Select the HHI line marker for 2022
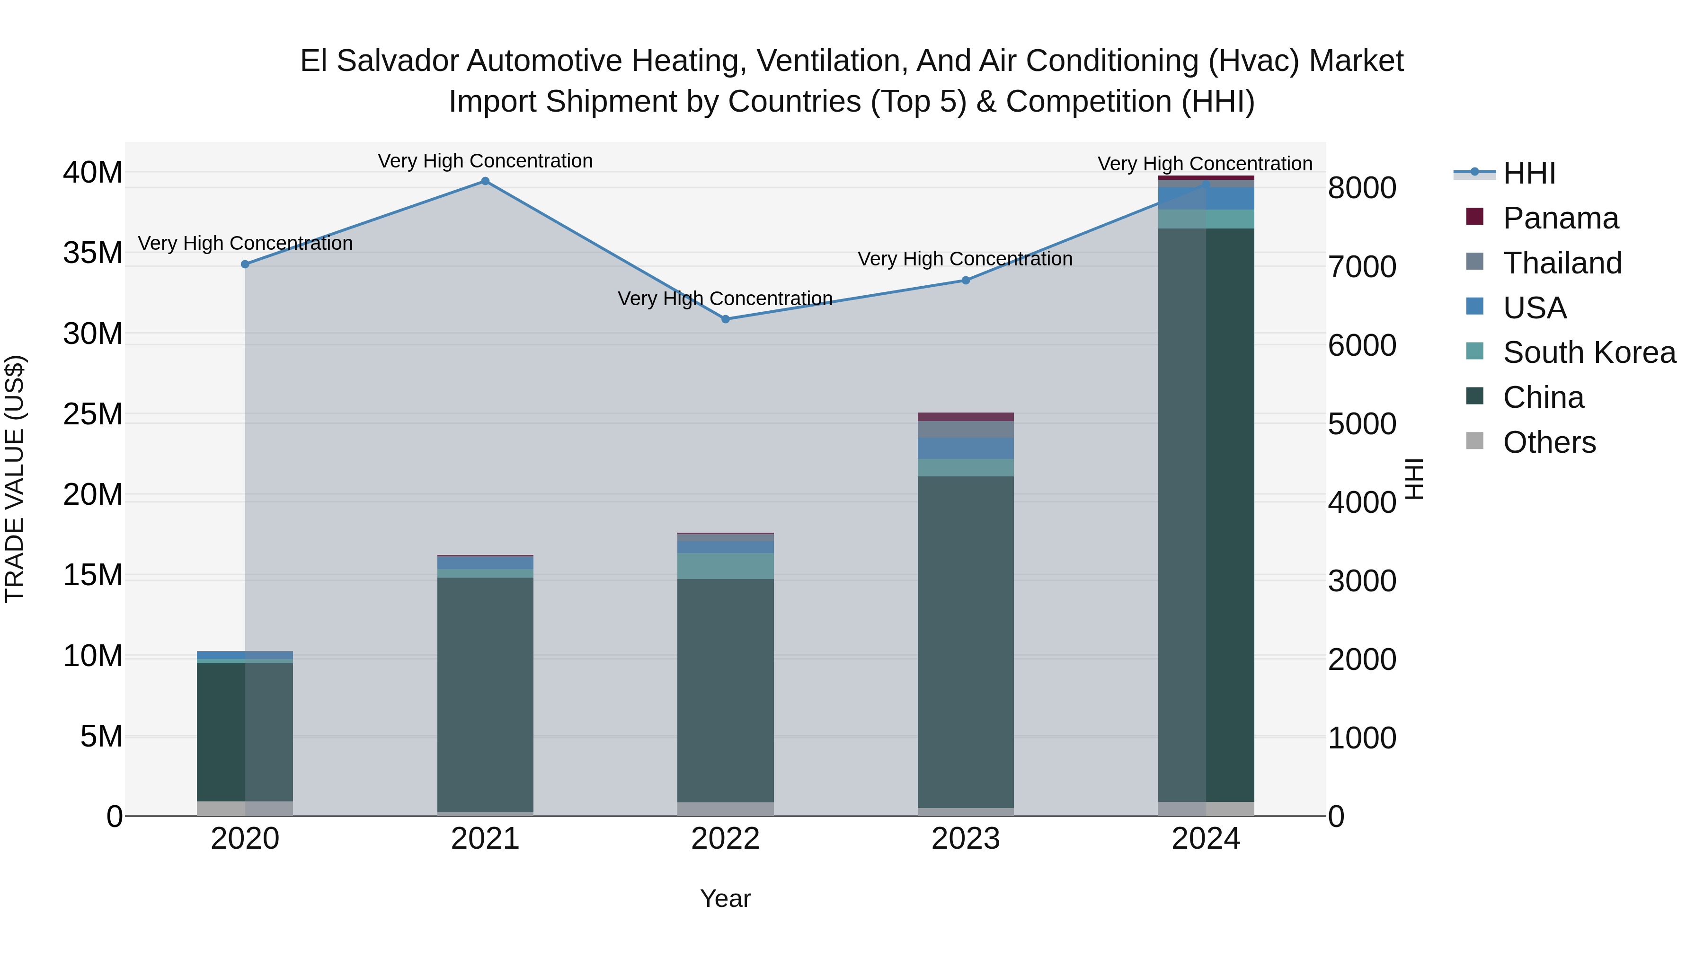(725, 319)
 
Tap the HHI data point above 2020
(245, 264)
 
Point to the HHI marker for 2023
(965, 281)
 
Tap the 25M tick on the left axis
(93, 414)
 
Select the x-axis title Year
(725, 898)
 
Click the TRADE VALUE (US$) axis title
(15, 479)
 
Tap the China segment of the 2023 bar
(965, 642)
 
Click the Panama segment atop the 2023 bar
(965, 416)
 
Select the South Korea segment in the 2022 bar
(725, 566)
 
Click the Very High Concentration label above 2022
(725, 299)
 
